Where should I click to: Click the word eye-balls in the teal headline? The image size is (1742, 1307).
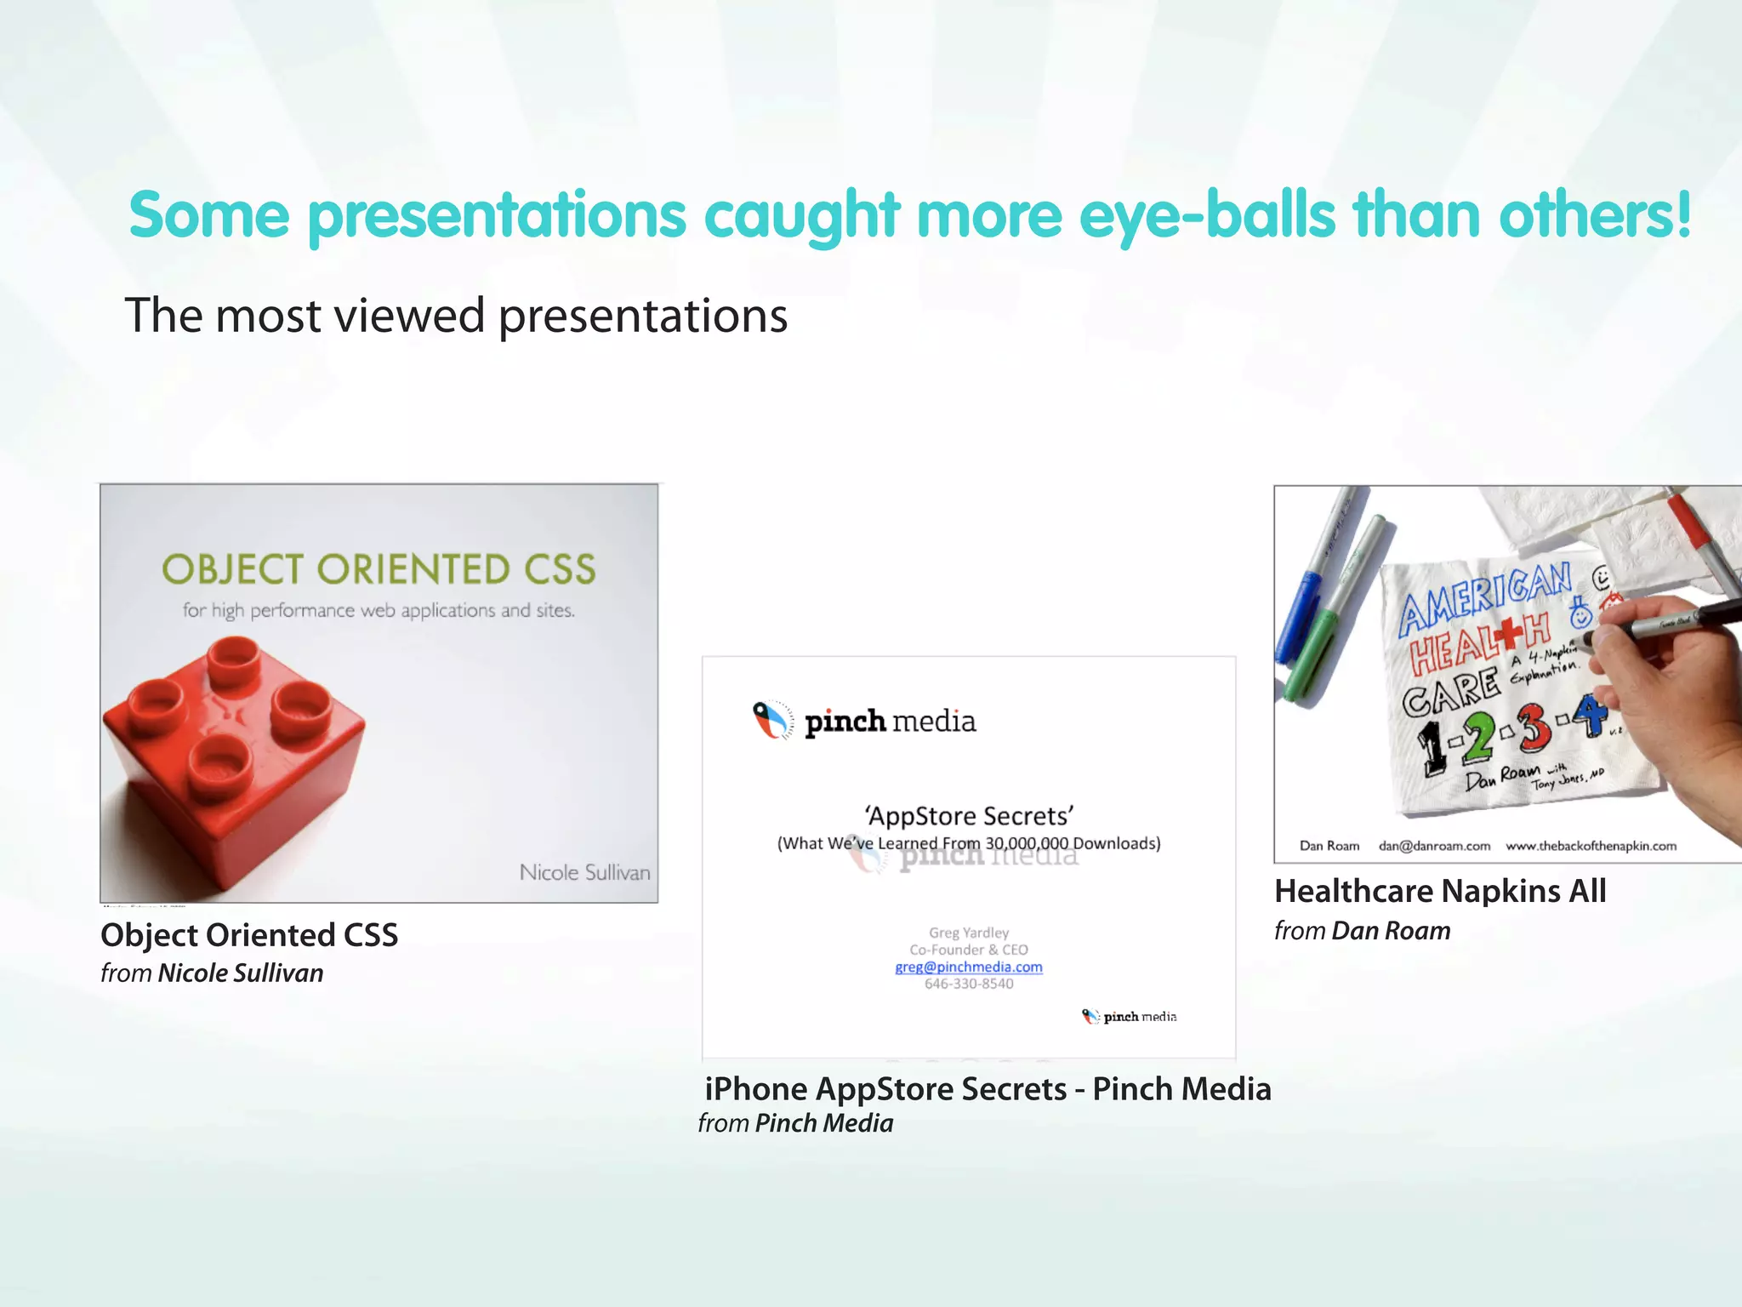click(1206, 214)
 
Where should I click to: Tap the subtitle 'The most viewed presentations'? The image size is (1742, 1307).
click(456, 316)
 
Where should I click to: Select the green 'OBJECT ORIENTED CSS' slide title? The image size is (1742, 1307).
click(379, 569)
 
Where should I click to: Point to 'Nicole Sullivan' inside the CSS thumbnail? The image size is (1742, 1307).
click(584, 872)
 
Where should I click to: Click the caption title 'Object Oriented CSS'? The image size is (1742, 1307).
click(249, 935)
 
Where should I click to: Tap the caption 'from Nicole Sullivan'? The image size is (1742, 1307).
click(212, 973)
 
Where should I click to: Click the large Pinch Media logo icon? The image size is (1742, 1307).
click(772, 721)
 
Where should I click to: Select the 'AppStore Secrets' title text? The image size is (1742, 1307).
click(969, 816)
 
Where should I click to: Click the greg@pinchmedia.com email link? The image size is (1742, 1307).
click(969, 967)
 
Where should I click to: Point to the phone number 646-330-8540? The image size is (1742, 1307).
click(969, 984)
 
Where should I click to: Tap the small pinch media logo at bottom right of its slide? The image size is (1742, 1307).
click(1129, 1016)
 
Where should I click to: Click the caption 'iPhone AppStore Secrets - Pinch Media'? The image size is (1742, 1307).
click(988, 1089)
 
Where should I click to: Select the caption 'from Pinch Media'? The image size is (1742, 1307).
click(795, 1123)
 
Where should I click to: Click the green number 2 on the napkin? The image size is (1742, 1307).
click(1478, 737)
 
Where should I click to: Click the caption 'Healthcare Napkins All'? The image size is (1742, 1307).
click(1440, 891)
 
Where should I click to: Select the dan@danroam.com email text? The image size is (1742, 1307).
click(1434, 846)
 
